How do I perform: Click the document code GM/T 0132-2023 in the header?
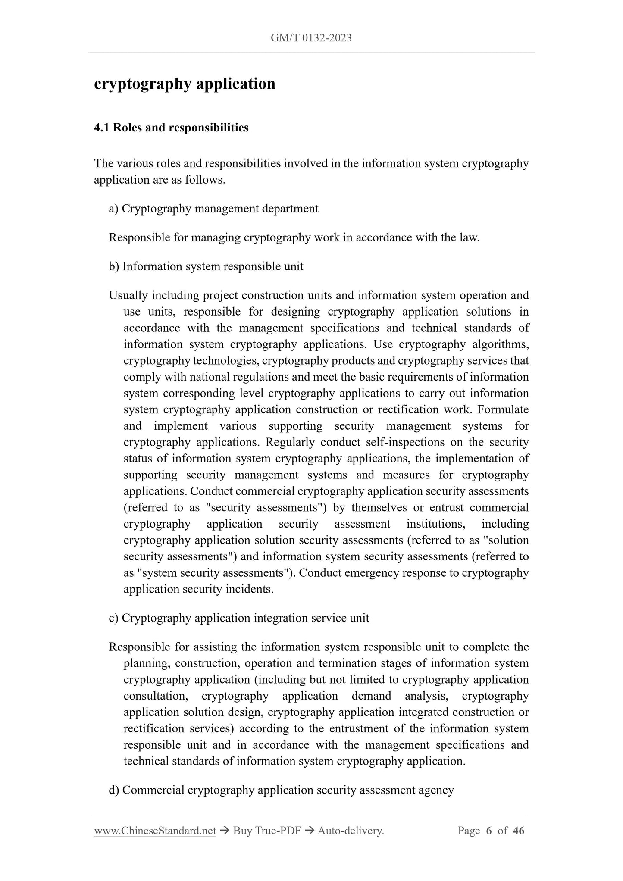click(311, 38)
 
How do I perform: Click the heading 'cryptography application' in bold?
click(185, 84)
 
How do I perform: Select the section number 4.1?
click(102, 128)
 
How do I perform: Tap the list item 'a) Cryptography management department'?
click(213, 209)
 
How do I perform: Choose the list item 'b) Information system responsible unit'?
click(206, 266)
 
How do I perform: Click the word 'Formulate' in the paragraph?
click(503, 409)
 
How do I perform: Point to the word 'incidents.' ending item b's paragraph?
click(250, 589)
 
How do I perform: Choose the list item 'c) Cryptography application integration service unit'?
click(239, 618)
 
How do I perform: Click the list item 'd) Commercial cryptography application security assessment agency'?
click(281, 790)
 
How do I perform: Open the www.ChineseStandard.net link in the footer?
click(155, 831)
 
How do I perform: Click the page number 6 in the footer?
click(488, 831)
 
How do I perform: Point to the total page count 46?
click(519, 831)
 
